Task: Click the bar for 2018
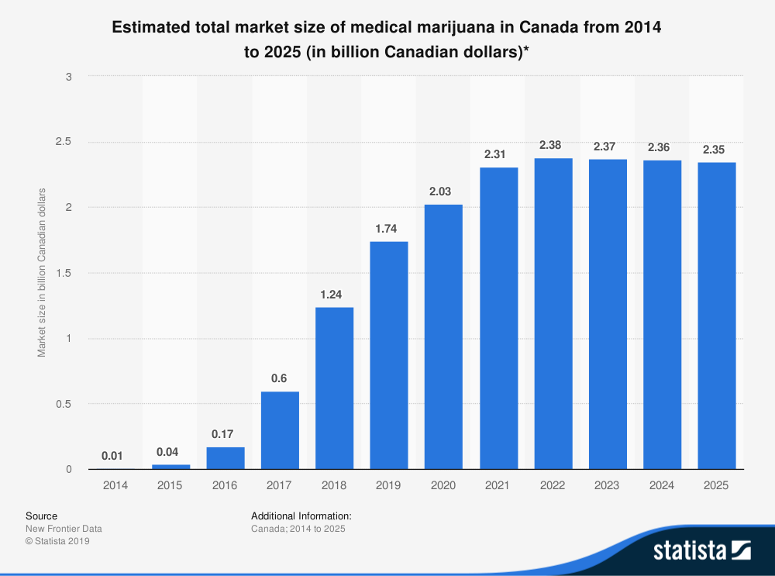click(x=334, y=388)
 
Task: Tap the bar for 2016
click(x=225, y=457)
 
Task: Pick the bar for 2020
click(x=443, y=336)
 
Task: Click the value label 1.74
click(x=388, y=229)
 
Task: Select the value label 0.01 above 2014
click(x=115, y=456)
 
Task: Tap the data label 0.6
click(x=280, y=378)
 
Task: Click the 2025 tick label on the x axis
click(x=717, y=485)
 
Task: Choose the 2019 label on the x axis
click(x=388, y=485)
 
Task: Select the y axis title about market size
click(x=43, y=273)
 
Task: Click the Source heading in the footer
click(x=41, y=516)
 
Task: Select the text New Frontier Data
click(x=64, y=529)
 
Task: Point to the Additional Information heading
click(x=301, y=516)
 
